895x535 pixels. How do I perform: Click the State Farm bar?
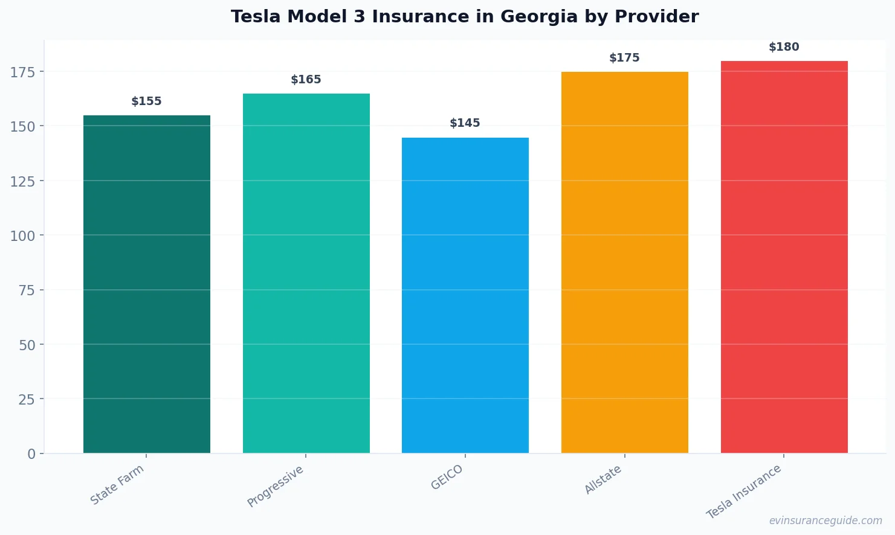point(147,284)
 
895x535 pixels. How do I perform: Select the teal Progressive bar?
point(306,273)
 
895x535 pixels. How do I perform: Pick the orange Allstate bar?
point(624,262)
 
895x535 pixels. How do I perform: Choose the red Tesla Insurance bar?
point(784,257)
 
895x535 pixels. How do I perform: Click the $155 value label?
point(147,101)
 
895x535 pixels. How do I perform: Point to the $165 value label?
point(306,80)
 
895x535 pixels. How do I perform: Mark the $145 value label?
point(465,123)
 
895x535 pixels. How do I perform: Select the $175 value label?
point(624,58)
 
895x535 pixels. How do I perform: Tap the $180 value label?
point(784,47)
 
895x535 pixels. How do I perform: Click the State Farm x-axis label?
point(117,484)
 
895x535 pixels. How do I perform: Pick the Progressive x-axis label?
point(276,486)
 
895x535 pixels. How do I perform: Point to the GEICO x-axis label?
point(447,477)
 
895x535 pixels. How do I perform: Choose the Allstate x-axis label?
point(603,480)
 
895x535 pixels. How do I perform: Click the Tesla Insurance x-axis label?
point(744,492)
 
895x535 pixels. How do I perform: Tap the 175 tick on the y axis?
point(22,72)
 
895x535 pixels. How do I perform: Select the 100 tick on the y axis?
point(22,235)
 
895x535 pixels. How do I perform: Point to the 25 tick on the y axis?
point(27,399)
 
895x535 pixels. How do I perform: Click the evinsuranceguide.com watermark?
point(826,521)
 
